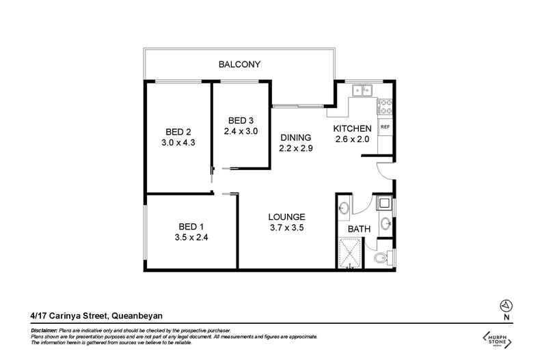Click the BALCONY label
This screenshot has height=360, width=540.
click(239, 65)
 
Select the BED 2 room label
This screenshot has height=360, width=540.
click(178, 132)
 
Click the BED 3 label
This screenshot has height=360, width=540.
click(241, 121)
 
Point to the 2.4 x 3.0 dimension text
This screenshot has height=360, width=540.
click(241, 132)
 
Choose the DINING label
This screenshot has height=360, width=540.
click(296, 137)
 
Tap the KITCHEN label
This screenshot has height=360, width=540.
click(352, 128)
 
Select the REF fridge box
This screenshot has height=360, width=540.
click(385, 127)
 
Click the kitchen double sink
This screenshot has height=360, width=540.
click(360, 89)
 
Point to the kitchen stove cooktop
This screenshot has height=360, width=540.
click(385, 107)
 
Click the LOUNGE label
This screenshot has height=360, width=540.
click(286, 217)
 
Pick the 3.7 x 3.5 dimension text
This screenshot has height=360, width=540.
click(286, 229)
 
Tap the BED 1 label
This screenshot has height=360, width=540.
click(192, 226)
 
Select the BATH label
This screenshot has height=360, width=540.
click(359, 230)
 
